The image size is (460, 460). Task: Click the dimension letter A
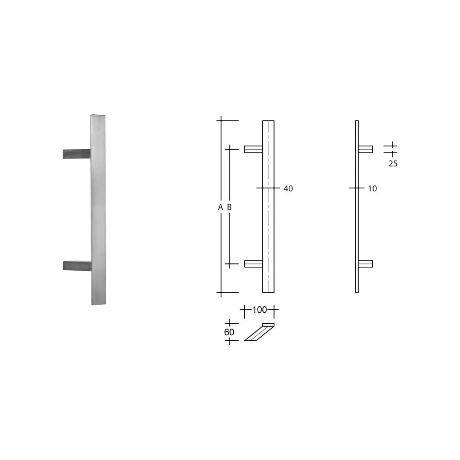[220, 208]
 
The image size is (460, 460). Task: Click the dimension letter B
[230, 208]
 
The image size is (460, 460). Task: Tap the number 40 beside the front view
[288, 188]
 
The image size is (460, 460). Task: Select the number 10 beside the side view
[372, 188]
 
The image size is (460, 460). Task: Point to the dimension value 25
[393, 164]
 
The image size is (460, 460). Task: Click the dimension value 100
[260, 310]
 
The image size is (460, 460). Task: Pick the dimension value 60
[229, 332]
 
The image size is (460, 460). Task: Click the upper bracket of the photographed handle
[77, 153]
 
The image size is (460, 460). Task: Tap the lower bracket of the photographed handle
[77, 265]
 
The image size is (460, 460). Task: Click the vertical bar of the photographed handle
[99, 210]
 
